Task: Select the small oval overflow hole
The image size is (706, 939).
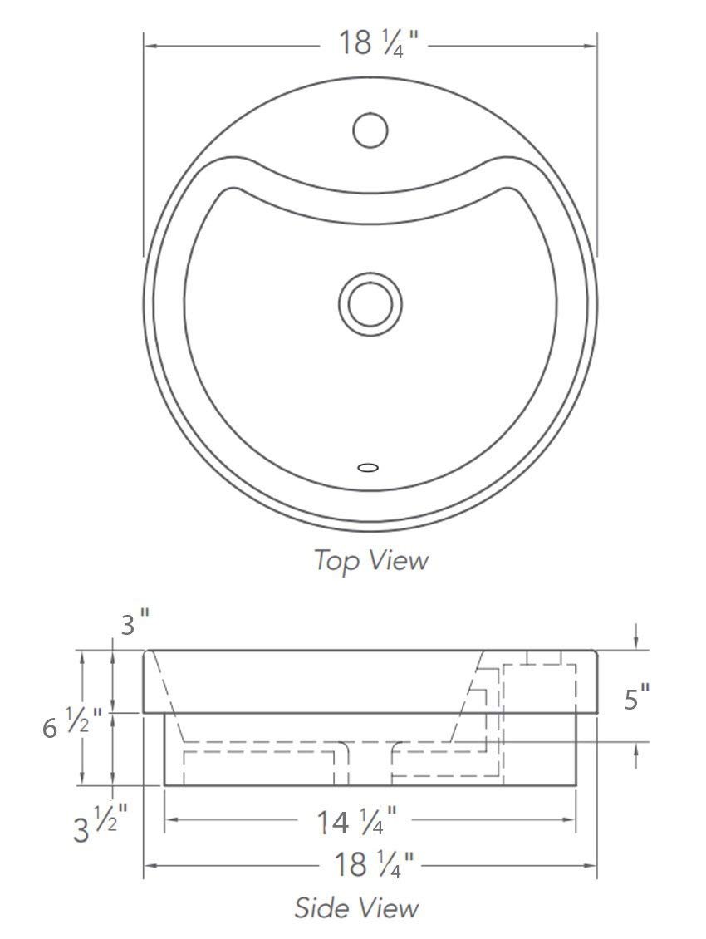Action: (x=368, y=467)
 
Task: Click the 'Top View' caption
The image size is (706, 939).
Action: (x=371, y=561)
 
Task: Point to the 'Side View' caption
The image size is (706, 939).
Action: (x=356, y=908)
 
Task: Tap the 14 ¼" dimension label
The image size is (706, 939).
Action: (x=356, y=821)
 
